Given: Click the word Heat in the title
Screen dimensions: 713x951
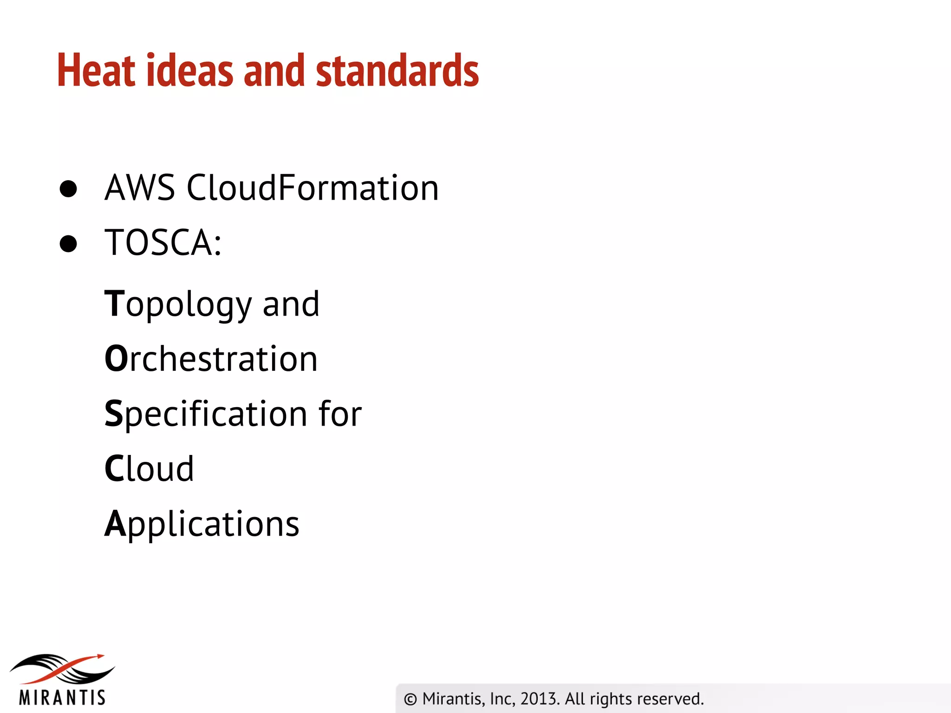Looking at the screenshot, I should point(96,71).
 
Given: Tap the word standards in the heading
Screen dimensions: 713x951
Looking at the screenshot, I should point(397,71).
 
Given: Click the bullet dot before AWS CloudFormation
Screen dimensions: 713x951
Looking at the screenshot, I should point(68,188).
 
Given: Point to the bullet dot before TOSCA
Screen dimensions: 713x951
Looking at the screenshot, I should point(68,243).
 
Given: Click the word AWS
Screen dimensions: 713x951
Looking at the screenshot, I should point(140,188).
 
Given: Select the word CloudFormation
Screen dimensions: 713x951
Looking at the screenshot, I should point(313,188).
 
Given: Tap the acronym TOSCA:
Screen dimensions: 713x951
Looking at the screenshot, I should point(163,243).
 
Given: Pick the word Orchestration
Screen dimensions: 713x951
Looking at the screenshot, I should point(211,359).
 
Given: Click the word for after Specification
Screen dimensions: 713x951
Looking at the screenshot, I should point(340,414).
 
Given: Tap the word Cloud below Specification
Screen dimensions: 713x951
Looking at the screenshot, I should point(149,469).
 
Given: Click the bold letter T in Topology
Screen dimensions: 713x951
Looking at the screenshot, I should point(114,304).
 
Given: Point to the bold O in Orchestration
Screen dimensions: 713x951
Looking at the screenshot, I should point(116,359).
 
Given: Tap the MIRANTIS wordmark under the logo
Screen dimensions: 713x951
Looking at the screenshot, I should point(62,698).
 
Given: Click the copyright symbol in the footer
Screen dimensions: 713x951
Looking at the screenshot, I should point(410,699).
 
